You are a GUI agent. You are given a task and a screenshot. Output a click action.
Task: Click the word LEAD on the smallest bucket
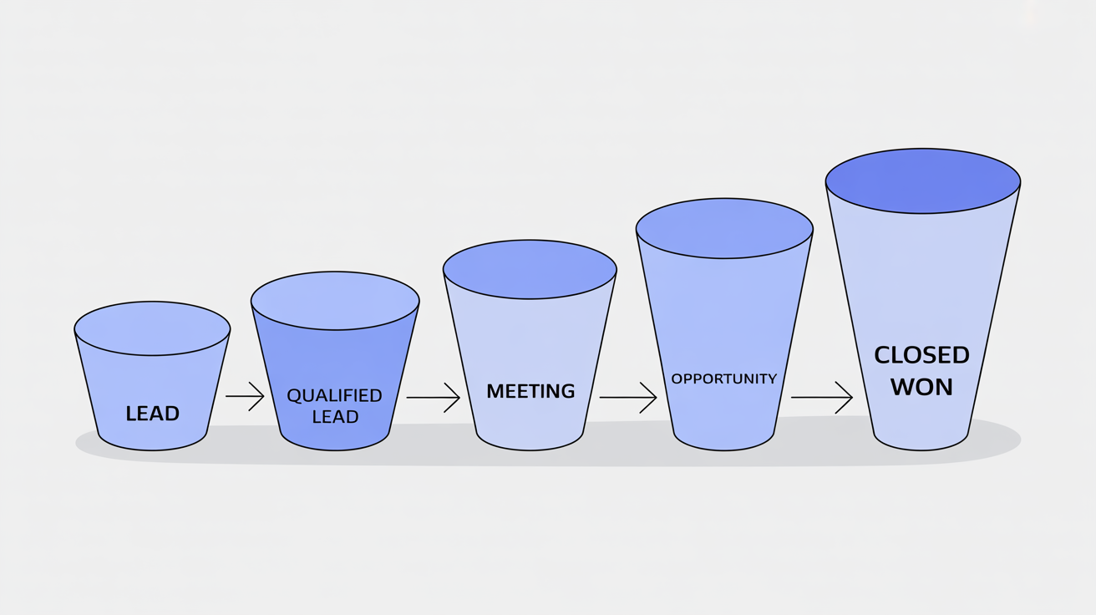point(152,413)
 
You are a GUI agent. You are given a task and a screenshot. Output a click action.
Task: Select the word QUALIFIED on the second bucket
point(334,395)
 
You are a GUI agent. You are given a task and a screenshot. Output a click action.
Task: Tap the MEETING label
point(530,391)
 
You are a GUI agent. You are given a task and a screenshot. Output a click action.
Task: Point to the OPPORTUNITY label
point(724,379)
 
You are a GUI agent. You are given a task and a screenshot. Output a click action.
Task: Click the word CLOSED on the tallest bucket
point(921,355)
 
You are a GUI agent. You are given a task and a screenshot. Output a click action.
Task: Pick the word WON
point(921,388)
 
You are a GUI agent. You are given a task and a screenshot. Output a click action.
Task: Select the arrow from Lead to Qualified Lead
point(245,396)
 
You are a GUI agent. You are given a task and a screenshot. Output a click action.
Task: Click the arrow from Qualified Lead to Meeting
point(433,398)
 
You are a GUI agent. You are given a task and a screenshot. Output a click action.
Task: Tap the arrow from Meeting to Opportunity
point(627,398)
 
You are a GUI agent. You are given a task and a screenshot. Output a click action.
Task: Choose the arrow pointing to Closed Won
point(821,398)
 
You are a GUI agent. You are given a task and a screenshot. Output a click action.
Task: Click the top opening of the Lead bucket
point(152,328)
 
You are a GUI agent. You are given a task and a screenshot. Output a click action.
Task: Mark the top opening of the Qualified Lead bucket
point(335,300)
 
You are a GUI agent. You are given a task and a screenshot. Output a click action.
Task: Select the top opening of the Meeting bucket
point(530,269)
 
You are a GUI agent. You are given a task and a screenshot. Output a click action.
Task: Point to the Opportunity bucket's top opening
point(724,228)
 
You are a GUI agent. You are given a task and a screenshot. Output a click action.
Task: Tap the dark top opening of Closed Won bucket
point(922,180)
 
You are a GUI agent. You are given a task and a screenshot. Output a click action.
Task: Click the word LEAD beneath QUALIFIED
point(335,416)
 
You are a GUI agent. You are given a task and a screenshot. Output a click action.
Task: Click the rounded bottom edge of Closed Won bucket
point(921,448)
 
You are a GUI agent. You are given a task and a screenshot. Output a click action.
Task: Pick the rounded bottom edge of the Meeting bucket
point(530,448)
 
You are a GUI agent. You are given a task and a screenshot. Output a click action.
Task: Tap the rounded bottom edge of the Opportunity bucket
point(724,448)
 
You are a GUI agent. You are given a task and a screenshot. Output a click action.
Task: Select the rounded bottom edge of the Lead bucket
point(152,448)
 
